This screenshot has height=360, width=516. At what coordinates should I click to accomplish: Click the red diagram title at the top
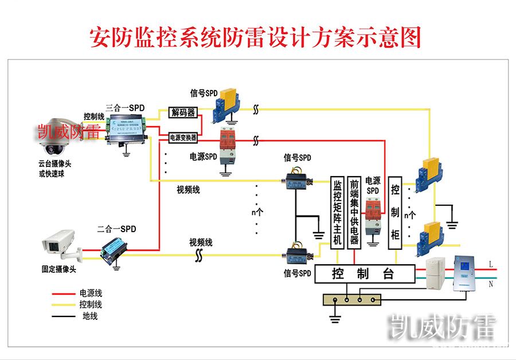(256, 37)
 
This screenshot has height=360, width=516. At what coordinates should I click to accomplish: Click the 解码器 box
(183, 112)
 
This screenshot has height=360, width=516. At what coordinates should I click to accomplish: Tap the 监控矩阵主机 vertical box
(337, 212)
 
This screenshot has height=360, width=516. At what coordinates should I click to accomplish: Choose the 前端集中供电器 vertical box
(354, 212)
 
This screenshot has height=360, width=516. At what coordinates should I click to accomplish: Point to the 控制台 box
(364, 274)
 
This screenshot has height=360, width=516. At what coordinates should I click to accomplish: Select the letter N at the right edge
(491, 283)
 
